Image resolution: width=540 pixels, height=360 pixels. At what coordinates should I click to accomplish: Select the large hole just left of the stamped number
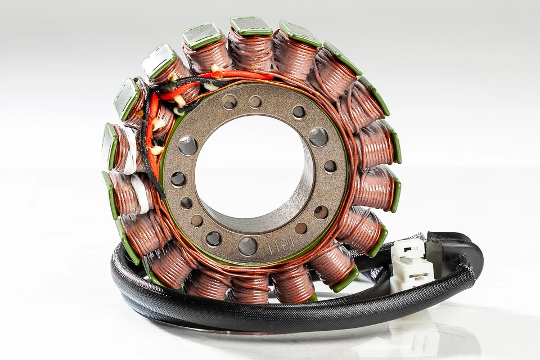(247, 246)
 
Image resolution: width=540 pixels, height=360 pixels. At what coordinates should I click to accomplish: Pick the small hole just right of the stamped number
(301, 228)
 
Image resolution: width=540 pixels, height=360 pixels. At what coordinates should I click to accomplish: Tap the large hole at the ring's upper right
(318, 137)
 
